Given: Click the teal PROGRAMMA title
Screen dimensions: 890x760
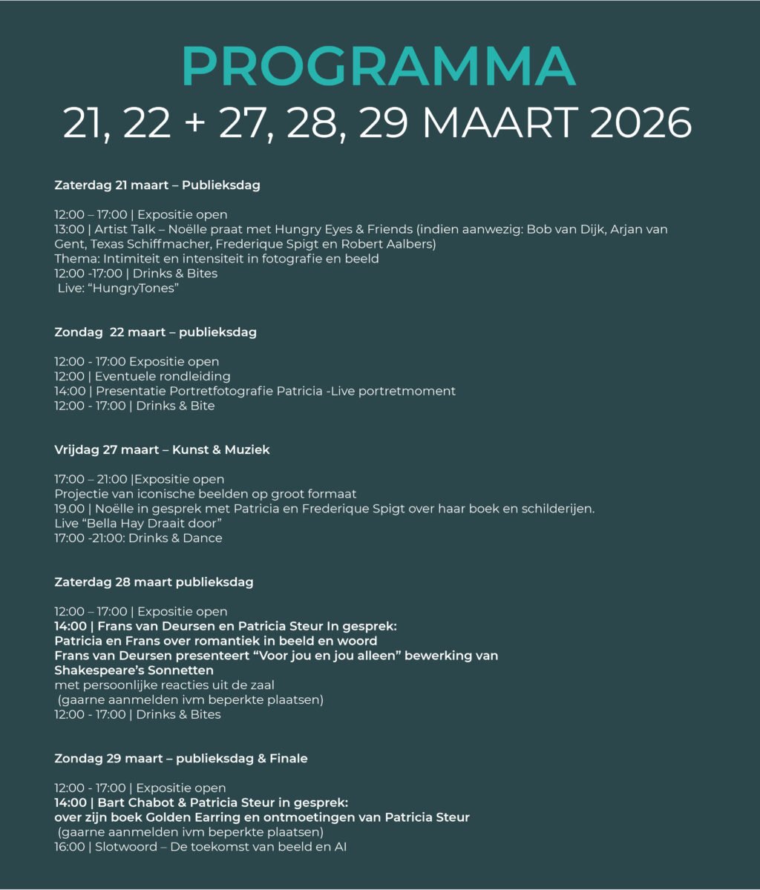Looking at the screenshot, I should (x=379, y=67).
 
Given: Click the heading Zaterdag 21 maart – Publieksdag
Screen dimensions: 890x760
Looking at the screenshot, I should (x=157, y=185).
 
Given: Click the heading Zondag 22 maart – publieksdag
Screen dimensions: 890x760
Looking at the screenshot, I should (x=155, y=332).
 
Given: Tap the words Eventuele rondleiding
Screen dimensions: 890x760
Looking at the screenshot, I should (x=163, y=376).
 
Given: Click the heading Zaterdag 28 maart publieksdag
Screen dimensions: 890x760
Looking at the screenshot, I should (x=154, y=582).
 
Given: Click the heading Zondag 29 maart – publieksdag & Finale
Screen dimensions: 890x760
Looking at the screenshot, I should (x=181, y=758).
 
